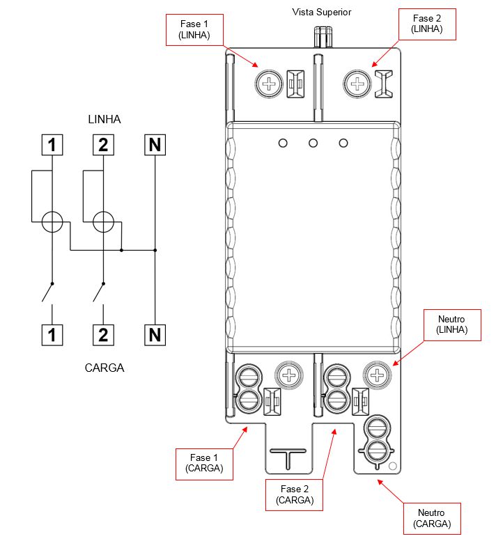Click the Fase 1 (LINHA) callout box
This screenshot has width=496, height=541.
194,30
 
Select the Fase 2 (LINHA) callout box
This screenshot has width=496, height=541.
427,24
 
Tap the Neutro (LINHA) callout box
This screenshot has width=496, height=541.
452,325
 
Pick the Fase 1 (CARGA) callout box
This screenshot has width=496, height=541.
204,464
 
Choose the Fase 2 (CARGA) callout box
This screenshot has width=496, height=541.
294,495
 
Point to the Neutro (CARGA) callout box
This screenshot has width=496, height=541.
432,519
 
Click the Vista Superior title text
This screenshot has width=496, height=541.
321,13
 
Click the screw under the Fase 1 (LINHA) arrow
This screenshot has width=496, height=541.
268,84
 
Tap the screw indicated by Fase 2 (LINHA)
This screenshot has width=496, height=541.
357,84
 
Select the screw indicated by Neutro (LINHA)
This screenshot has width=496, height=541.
378,375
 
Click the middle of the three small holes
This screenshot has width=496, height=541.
313,143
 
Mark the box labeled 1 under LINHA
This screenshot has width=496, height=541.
52,145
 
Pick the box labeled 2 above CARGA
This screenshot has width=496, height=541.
103,335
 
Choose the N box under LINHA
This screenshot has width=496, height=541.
155,145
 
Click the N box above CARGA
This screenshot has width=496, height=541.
155,335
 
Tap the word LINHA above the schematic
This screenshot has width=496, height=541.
104,119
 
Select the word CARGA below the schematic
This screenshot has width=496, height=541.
104,368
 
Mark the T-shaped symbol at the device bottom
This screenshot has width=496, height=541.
288,451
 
